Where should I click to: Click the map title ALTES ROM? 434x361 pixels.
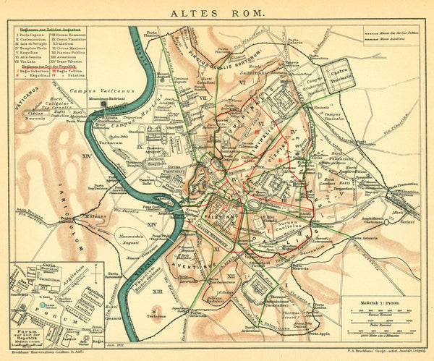click(x=216, y=12)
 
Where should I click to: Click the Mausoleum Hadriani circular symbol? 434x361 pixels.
click(x=103, y=103)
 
